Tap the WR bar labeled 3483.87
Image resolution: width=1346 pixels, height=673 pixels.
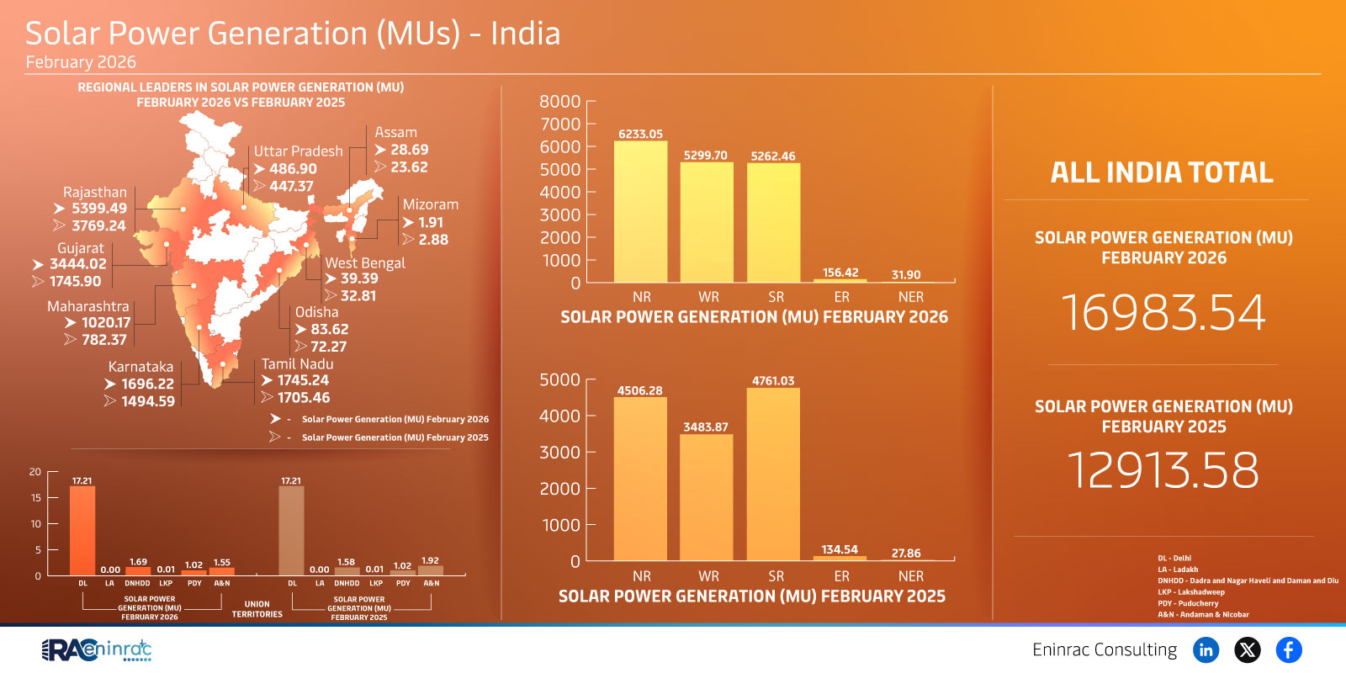pyautogui.click(x=706, y=497)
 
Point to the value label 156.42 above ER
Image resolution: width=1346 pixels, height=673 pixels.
pyautogui.click(x=840, y=273)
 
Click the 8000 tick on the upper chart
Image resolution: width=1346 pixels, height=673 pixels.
pyautogui.click(x=560, y=102)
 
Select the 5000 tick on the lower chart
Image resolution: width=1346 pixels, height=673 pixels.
pyautogui.click(x=560, y=380)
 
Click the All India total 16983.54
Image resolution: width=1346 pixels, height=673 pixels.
pyautogui.click(x=1163, y=313)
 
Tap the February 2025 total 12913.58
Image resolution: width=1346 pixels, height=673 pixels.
pyautogui.click(x=1163, y=469)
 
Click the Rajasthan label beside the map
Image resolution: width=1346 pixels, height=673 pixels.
pyautogui.click(x=94, y=193)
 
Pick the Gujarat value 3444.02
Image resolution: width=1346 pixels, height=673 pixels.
pyautogui.click(x=78, y=264)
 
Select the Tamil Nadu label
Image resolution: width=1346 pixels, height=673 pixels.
pyautogui.click(x=297, y=364)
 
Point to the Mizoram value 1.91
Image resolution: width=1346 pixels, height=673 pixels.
pyautogui.click(x=430, y=223)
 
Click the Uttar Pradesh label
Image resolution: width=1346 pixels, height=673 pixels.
pyautogui.click(x=298, y=151)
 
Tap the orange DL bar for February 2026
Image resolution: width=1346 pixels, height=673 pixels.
pyautogui.click(x=82, y=531)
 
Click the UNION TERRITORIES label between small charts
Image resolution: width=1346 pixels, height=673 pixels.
pyautogui.click(x=257, y=609)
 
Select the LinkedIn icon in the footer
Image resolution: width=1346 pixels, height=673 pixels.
pyautogui.click(x=1206, y=649)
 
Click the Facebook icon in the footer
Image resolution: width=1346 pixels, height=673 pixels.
pyautogui.click(x=1288, y=649)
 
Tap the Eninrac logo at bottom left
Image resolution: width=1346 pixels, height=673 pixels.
pyautogui.click(x=97, y=649)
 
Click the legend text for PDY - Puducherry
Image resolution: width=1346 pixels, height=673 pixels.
pyautogui.click(x=1187, y=603)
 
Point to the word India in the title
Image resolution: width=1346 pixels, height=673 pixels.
pyautogui.click(x=525, y=34)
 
